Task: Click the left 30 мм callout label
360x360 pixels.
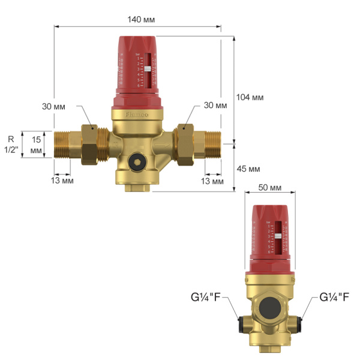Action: point(55,106)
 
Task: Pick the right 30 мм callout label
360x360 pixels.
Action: point(216,106)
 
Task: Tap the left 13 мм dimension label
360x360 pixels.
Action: point(62,180)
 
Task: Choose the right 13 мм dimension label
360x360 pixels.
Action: point(212,181)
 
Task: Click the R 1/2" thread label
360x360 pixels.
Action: point(10,143)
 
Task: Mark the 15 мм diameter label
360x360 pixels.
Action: point(37,145)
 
